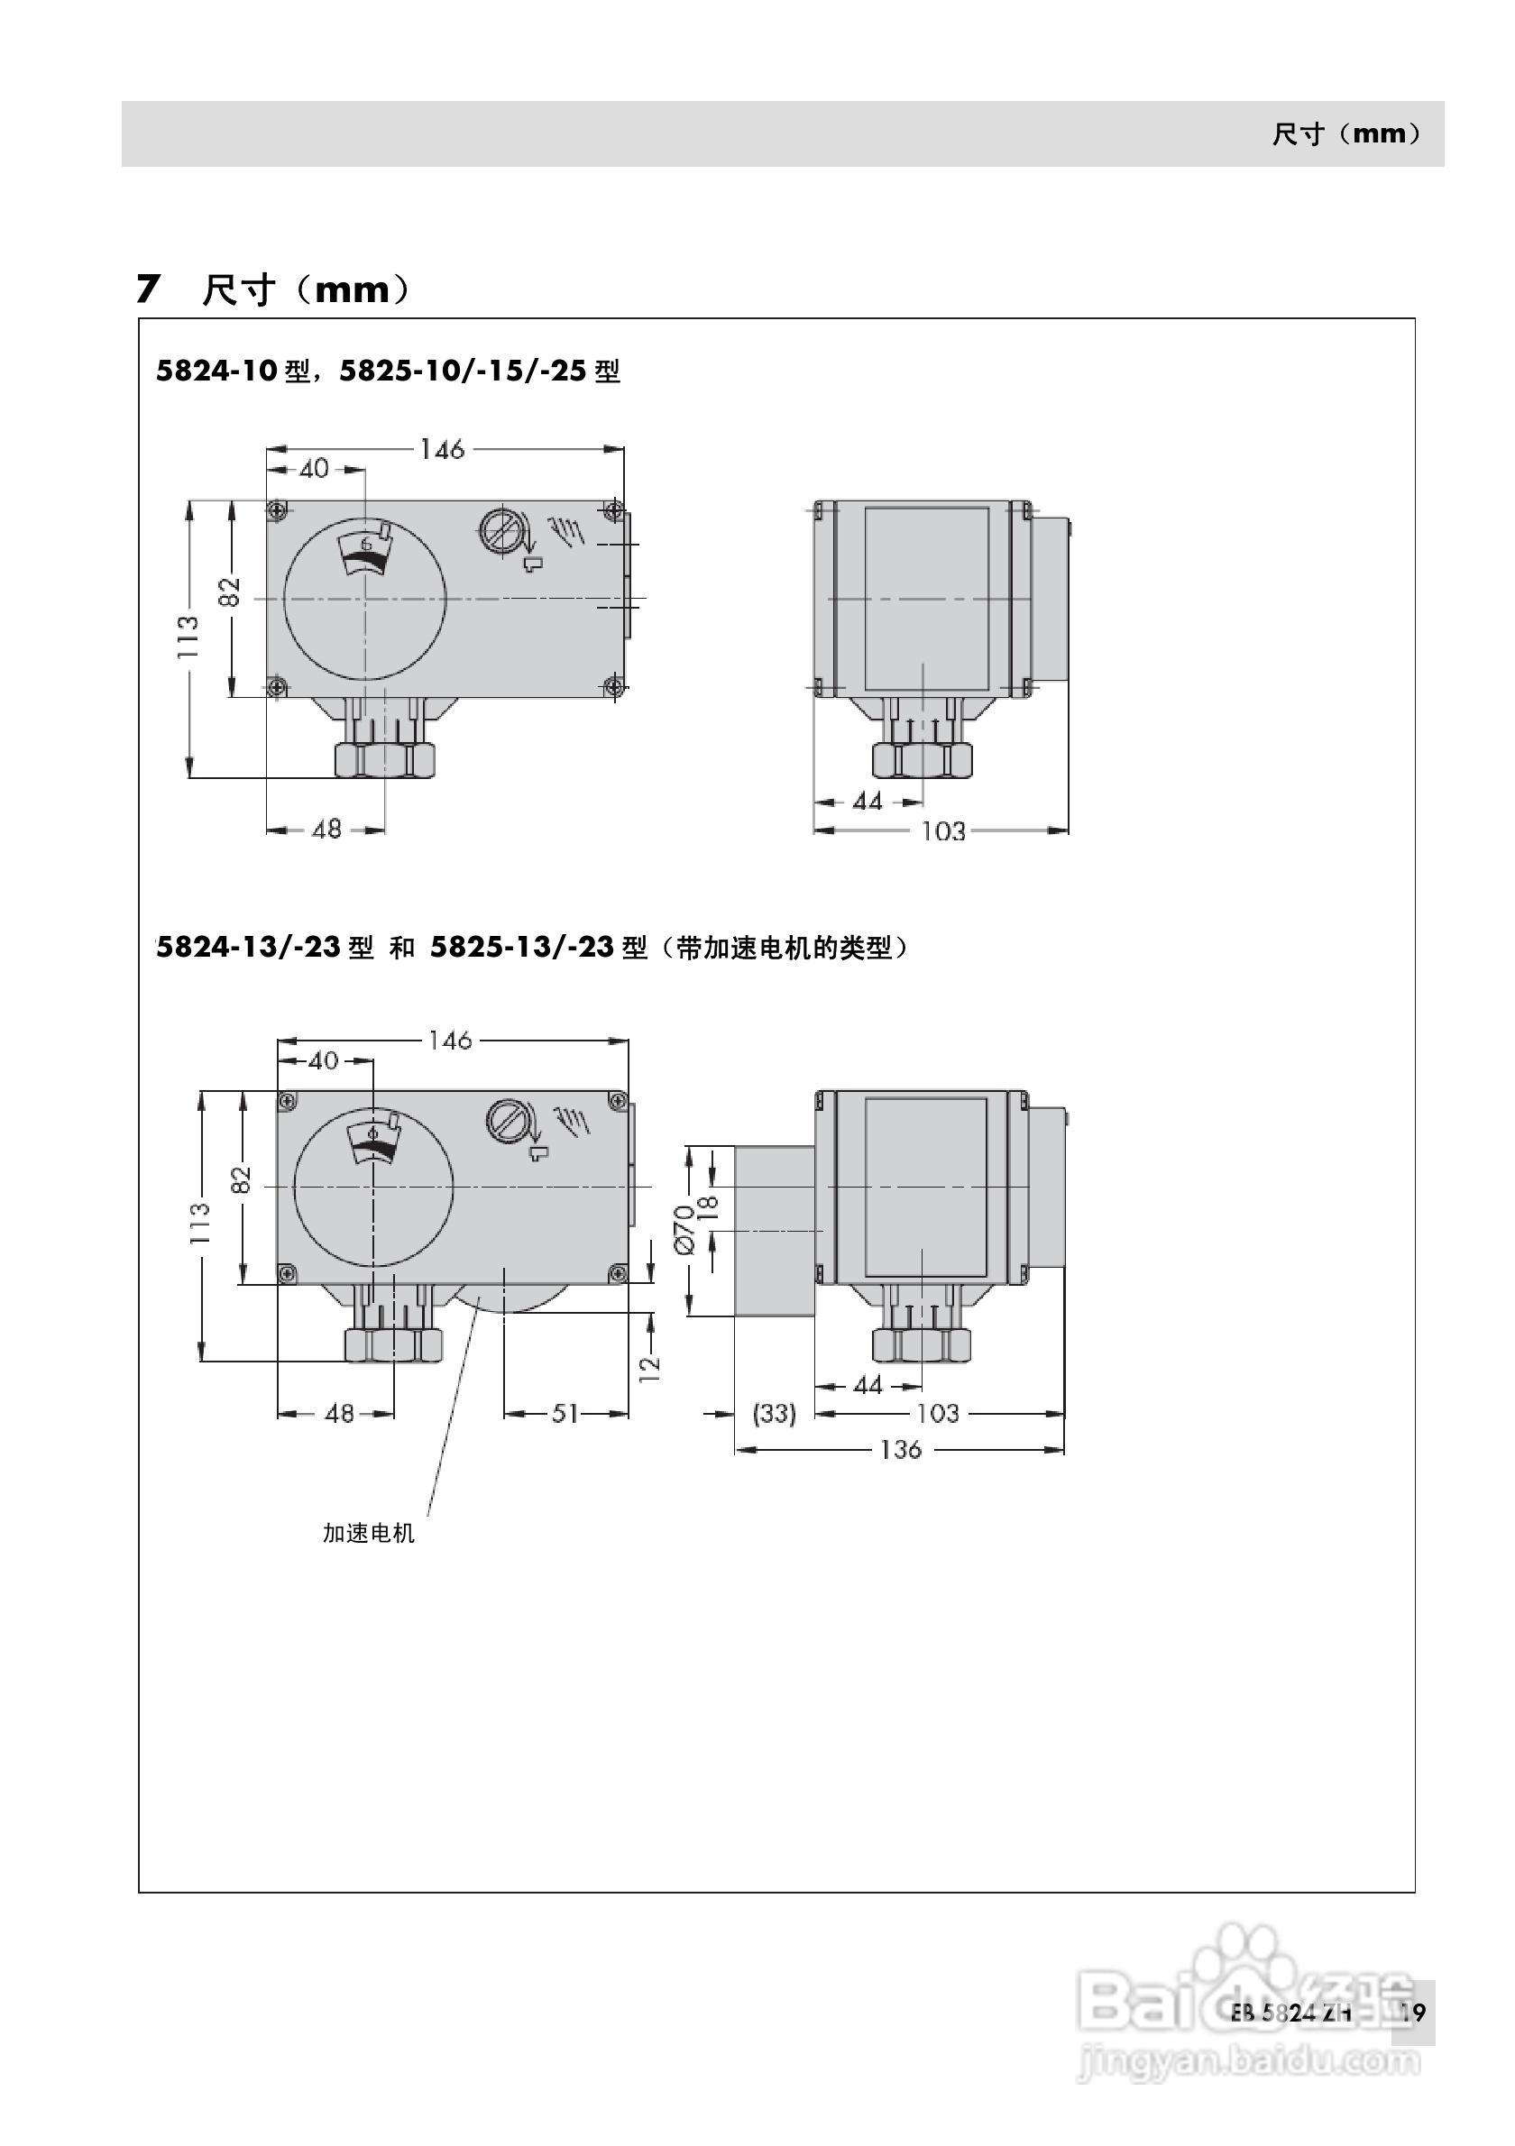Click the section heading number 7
148,289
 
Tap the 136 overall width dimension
900,1450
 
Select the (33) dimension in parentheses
774,1413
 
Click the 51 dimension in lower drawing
565,1413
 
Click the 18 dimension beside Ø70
711,1204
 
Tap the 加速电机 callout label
368,1534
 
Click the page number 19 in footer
1412,2013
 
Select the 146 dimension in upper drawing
441,450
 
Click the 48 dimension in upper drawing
326,829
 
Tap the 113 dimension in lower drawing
200,1223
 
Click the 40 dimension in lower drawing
323,1061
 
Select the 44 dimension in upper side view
868,801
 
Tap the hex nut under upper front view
384,759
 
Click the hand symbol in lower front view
571,1119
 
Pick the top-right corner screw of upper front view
613,509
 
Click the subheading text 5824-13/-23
248,948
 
